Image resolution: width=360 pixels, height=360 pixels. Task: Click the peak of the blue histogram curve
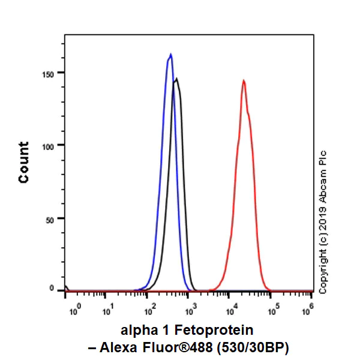coord(170,55)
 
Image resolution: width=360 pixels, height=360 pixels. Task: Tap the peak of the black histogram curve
coord(176,79)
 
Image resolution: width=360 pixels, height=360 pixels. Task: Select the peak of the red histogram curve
coord(244,80)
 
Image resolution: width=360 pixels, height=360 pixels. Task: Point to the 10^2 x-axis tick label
coord(150,310)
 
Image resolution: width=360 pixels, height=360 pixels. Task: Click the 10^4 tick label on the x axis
coord(232,310)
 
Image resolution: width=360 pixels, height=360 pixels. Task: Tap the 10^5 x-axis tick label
coord(272,310)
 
